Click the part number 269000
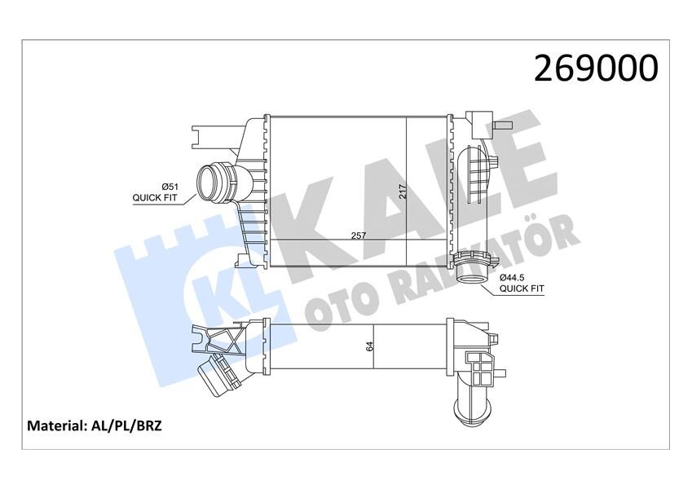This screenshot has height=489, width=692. [596, 68]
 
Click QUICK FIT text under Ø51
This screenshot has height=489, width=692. [155, 197]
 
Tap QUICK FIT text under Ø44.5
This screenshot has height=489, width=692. [522, 288]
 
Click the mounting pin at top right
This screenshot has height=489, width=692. [502, 126]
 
